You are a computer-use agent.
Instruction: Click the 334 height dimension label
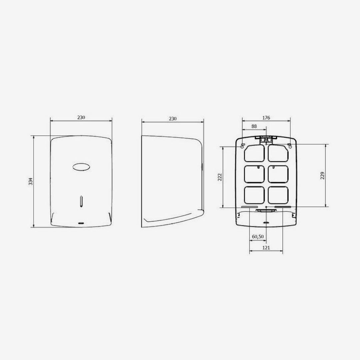(x=31, y=181)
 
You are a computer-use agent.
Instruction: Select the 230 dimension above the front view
(x=81, y=118)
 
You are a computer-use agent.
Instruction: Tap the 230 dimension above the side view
(x=172, y=119)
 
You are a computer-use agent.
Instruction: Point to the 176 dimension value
(x=266, y=118)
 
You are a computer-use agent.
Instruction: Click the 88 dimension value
(x=254, y=126)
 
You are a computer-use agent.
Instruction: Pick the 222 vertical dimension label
(x=220, y=177)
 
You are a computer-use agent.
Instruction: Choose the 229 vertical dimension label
(x=322, y=176)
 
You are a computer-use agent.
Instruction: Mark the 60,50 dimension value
(x=258, y=236)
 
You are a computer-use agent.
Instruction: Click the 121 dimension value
(x=266, y=247)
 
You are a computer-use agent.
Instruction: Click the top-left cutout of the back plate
(x=254, y=154)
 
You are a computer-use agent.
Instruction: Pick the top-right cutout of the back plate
(x=278, y=154)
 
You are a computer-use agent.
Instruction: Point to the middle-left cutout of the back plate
(x=254, y=174)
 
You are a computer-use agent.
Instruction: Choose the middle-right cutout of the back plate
(x=278, y=174)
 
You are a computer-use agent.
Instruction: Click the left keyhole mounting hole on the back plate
(x=242, y=146)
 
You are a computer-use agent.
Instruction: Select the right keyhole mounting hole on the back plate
(x=290, y=146)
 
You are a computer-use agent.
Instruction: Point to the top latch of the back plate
(x=266, y=139)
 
